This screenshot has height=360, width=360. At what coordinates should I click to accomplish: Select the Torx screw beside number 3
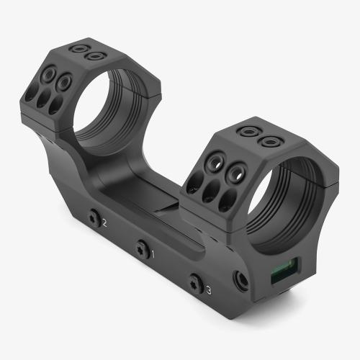[194, 284]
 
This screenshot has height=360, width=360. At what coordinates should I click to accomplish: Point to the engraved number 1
[150, 253]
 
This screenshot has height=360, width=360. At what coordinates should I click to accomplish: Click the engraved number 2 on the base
[105, 223]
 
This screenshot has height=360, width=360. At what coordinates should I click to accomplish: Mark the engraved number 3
[208, 290]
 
